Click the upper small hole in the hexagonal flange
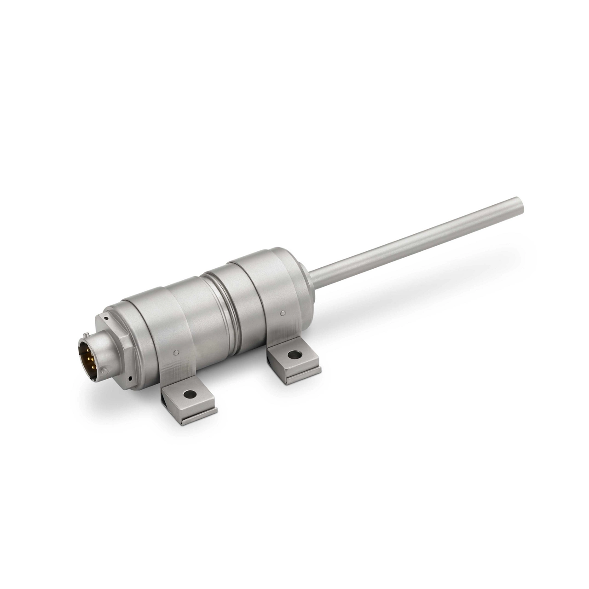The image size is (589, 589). [105, 318]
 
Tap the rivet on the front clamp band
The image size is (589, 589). [177, 353]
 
